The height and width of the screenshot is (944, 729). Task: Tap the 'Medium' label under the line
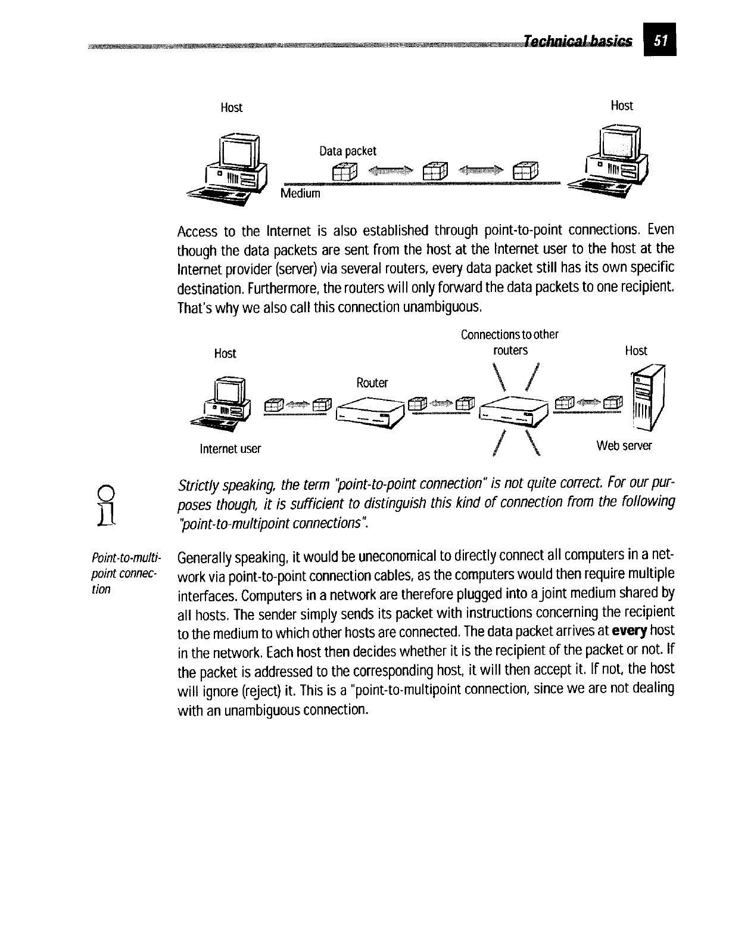tap(300, 194)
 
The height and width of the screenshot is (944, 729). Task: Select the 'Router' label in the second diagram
tap(372, 383)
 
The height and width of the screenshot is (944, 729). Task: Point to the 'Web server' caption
tap(624, 446)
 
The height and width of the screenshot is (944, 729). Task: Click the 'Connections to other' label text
tap(509, 334)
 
